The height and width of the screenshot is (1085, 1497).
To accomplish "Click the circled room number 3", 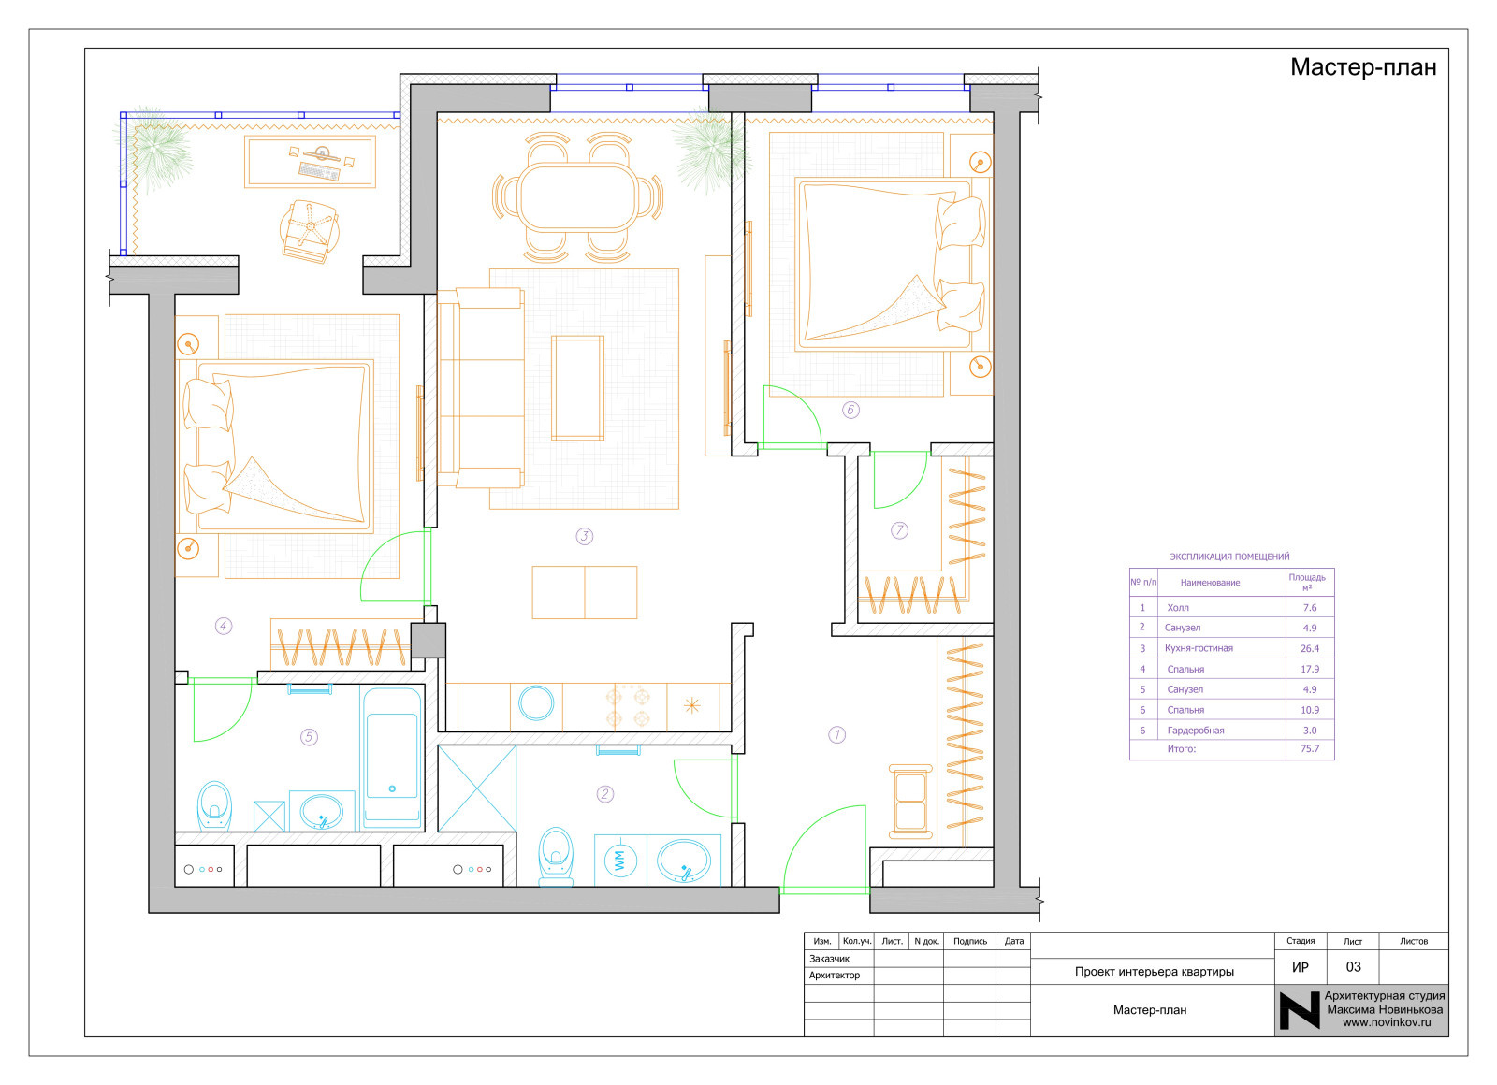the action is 585,537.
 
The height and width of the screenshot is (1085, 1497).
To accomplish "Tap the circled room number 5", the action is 309,738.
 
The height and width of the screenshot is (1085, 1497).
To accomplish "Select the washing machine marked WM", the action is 620,861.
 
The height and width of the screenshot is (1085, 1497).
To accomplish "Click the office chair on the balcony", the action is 309,231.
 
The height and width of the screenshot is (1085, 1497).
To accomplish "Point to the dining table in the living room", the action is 578,197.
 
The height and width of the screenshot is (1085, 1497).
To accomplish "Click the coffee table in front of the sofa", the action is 578,388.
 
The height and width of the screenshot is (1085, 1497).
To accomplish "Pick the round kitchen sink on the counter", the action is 537,703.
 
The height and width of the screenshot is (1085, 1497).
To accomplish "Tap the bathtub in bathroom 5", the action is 392,759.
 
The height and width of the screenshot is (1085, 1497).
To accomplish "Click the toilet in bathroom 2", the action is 556,857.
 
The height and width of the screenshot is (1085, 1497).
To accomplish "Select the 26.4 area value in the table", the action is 1310,649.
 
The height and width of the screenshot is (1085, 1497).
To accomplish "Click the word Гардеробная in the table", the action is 1196,731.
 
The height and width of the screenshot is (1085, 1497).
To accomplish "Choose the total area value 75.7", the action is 1310,749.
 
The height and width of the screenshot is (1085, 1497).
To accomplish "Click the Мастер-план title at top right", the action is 1363,67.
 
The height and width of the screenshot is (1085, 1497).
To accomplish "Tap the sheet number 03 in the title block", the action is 1353,967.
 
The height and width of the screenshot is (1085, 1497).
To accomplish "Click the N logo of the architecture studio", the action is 1300,1011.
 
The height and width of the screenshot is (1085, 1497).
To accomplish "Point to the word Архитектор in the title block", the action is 834,976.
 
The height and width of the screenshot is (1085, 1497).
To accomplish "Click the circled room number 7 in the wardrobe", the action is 899,530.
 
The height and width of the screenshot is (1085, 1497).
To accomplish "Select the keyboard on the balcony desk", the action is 319,171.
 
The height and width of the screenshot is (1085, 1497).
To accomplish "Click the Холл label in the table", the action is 1178,608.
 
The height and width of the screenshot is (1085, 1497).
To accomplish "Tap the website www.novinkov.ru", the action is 1387,1023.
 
